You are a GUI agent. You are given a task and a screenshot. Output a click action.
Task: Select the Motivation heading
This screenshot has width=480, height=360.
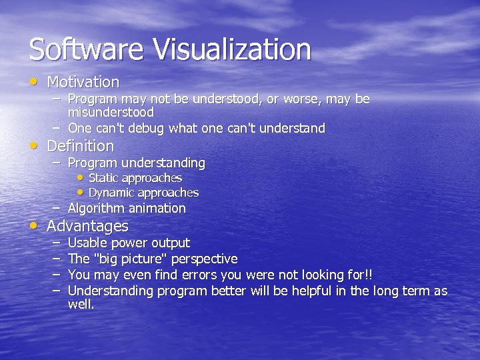tap(83, 83)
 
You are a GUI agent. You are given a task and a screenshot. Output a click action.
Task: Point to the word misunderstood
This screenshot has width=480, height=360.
tap(111, 113)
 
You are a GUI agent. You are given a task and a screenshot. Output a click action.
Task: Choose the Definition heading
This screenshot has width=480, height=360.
tap(81, 146)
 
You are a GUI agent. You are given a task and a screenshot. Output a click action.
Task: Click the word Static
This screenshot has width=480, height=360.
tap(103, 178)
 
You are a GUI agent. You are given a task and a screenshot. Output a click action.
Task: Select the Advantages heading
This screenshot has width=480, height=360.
tap(87, 226)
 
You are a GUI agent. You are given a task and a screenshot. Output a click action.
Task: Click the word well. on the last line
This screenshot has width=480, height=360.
tap(81, 305)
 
